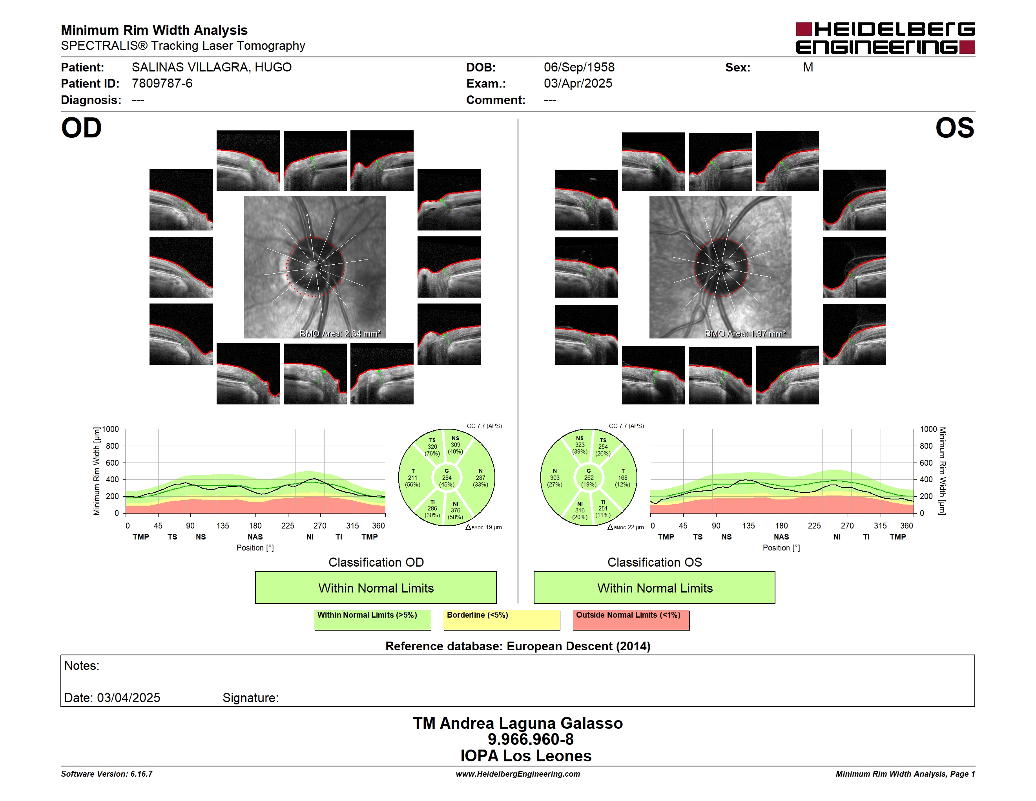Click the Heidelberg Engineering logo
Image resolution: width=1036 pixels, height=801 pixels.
pyautogui.click(x=885, y=38)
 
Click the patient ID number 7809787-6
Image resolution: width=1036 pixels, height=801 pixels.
pyautogui.click(x=162, y=84)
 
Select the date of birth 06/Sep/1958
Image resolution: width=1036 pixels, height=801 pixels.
pyautogui.click(x=579, y=68)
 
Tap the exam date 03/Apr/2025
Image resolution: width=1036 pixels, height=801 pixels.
pyautogui.click(x=578, y=84)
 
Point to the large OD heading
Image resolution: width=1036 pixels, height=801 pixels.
pyautogui.click(x=81, y=128)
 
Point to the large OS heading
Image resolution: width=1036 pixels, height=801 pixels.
pyautogui.click(x=955, y=128)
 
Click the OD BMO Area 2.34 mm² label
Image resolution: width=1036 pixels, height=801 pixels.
pyautogui.click(x=340, y=334)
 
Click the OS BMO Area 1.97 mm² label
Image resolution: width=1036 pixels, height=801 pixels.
pyautogui.click(x=745, y=334)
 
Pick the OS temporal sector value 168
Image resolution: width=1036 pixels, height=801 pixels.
pyautogui.click(x=622, y=478)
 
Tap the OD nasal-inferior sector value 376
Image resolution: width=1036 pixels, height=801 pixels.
pyautogui.click(x=455, y=510)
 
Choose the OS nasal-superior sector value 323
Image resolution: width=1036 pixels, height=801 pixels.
pyautogui.click(x=580, y=444)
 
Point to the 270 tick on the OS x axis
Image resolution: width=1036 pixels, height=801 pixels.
pyautogui.click(x=847, y=525)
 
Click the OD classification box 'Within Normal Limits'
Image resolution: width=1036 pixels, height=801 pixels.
pyautogui.click(x=376, y=587)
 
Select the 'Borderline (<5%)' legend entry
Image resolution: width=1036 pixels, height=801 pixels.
pyautogui.click(x=502, y=620)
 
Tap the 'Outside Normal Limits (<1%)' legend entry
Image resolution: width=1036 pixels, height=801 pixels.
pyautogui.click(x=631, y=620)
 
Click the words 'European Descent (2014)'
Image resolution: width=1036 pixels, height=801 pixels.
pyautogui.click(x=578, y=646)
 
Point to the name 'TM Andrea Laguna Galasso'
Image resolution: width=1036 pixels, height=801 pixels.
pyautogui.click(x=518, y=723)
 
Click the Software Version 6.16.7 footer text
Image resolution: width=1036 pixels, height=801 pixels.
pyautogui.click(x=107, y=774)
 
